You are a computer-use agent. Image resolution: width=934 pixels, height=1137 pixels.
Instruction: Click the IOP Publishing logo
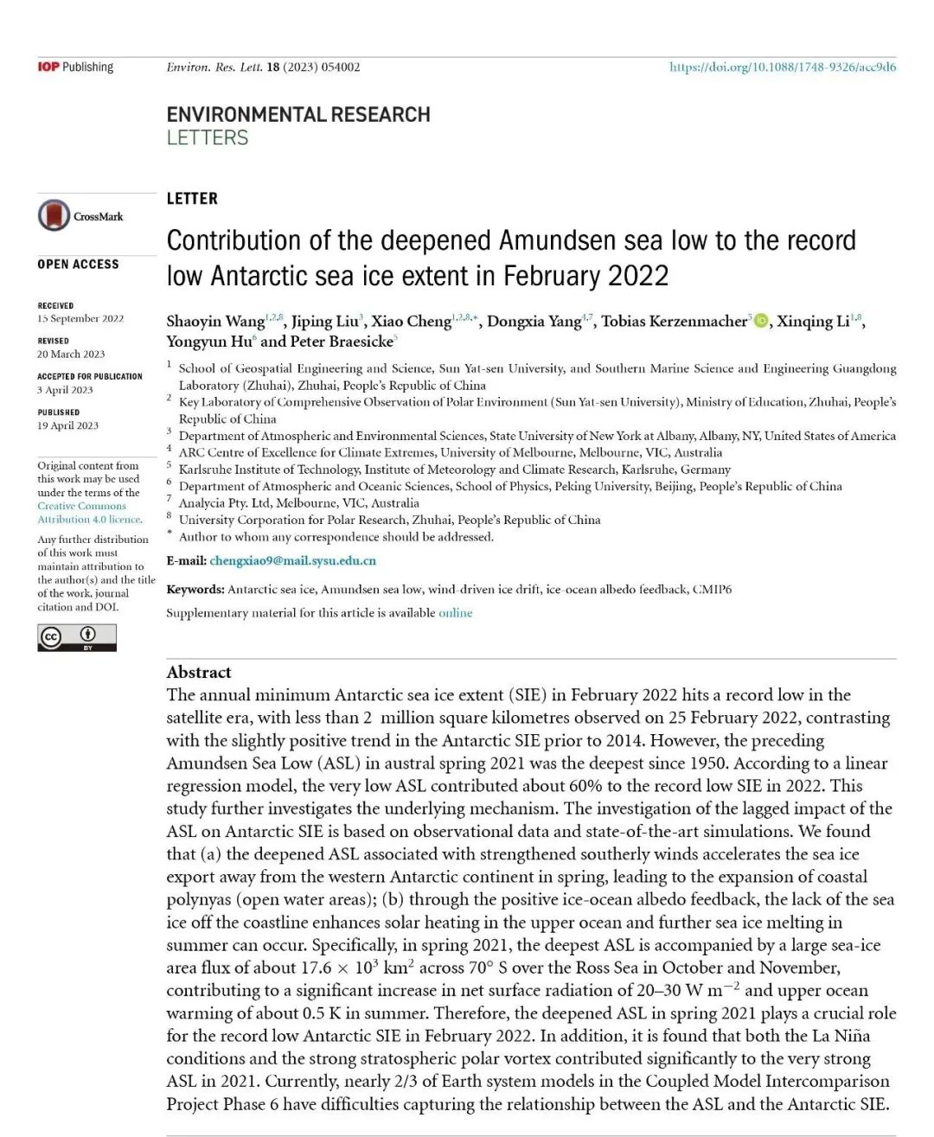click(75, 67)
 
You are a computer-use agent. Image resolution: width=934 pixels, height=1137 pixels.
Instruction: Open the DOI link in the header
click(782, 67)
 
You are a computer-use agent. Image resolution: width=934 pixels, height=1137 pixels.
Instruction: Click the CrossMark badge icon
click(54, 215)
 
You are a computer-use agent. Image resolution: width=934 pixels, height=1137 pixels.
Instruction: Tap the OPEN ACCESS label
click(78, 264)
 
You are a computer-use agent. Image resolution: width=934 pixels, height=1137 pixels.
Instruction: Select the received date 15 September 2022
click(80, 318)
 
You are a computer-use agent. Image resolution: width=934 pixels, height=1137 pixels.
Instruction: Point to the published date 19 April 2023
click(67, 425)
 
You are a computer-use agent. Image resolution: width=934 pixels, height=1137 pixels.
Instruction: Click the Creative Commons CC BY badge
click(76, 637)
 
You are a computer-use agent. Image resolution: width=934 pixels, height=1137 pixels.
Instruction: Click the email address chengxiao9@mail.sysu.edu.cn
click(292, 560)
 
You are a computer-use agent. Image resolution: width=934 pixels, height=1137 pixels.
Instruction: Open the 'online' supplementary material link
click(455, 612)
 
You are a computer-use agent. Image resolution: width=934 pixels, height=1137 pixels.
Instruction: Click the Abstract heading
click(199, 672)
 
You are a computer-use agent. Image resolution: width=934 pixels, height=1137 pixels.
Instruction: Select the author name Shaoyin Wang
click(215, 322)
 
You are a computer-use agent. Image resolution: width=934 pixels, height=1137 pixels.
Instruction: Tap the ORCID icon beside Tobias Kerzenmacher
click(761, 321)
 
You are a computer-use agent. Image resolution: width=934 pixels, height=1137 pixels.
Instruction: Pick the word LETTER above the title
click(192, 199)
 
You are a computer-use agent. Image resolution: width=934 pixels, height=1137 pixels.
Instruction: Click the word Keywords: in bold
click(195, 589)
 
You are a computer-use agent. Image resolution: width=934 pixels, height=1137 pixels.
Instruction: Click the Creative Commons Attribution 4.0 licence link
click(89, 513)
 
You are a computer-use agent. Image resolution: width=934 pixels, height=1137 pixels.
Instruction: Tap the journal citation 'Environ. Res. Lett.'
click(214, 67)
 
